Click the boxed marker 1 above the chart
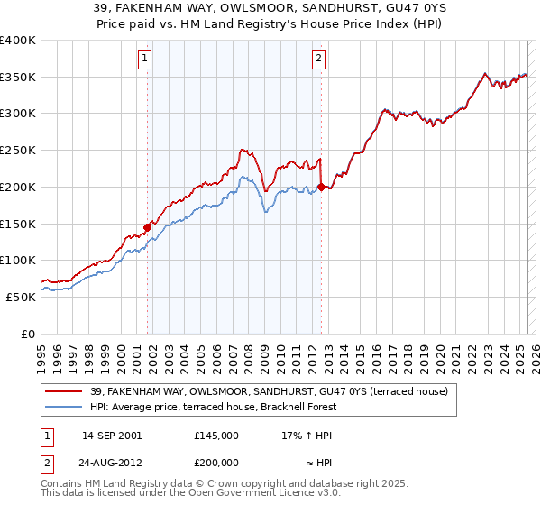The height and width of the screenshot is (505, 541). click(146, 60)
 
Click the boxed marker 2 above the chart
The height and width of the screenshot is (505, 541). click(319, 60)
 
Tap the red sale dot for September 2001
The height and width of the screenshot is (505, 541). click(147, 227)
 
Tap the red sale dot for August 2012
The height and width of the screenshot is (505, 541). click(321, 187)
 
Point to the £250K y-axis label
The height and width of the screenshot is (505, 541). click(17, 151)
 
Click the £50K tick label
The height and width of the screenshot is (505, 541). click(20, 297)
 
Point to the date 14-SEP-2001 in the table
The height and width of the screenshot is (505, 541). click(112, 435)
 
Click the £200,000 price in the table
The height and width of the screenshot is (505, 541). click(216, 461)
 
